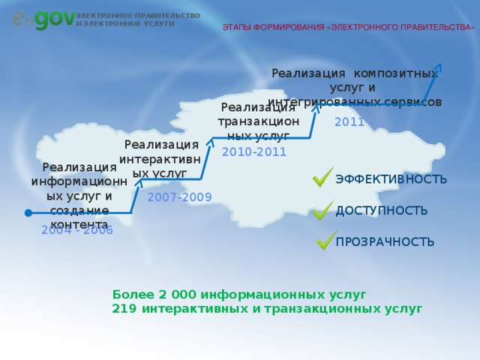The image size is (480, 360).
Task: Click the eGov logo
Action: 43,19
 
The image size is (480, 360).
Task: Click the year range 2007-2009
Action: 179,197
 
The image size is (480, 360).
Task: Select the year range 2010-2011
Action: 254,151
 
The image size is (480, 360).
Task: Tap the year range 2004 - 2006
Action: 77,230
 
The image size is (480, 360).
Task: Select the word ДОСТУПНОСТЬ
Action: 382,211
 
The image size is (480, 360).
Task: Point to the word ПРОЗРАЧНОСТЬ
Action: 385,242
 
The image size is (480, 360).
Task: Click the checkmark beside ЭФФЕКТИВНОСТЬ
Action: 323,177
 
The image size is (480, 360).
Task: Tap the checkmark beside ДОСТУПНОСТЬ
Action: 323,209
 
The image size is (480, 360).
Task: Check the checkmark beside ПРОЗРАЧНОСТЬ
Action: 326,240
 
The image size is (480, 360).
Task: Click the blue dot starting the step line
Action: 28,213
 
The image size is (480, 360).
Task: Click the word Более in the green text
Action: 130,295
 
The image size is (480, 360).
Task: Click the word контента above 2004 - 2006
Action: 79,223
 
